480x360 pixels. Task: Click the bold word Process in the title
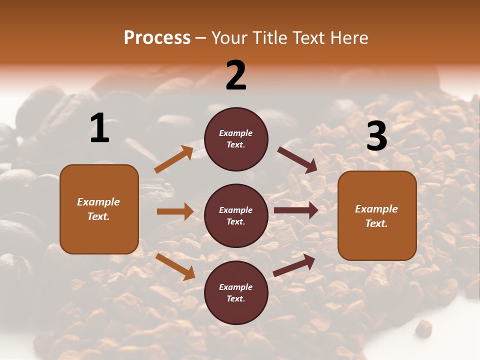157,37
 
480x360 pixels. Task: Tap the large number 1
99,128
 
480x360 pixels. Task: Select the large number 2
236,75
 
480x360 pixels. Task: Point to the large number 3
376,136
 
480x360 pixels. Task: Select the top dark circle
236,139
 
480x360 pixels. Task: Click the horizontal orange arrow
175,211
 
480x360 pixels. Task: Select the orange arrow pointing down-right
175,266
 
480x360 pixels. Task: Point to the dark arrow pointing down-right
297,160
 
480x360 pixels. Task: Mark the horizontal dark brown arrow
296,210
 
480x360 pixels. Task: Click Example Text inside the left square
99,209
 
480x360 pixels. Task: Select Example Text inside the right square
377,216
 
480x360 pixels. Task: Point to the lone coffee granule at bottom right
423,327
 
